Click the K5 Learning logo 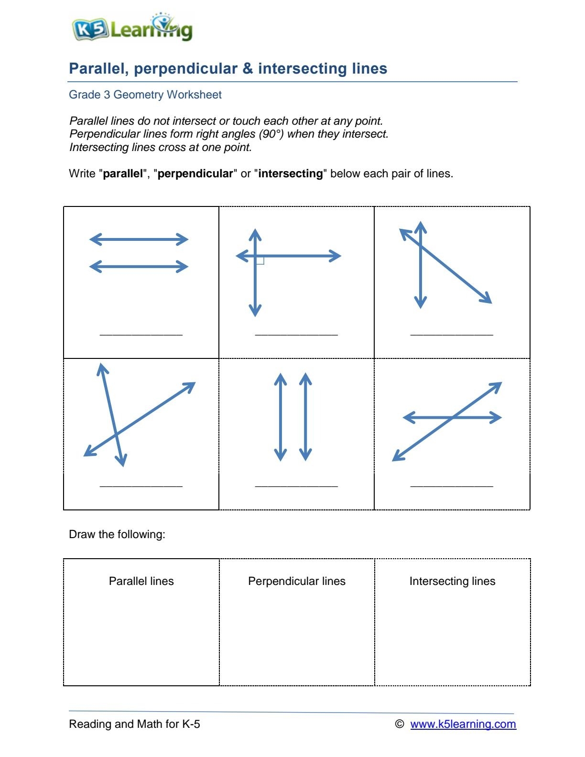[132, 29]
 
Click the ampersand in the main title [248, 68]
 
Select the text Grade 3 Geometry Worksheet [145, 95]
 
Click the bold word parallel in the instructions [123, 173]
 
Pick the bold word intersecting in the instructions [291, 173]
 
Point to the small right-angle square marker [260, 260]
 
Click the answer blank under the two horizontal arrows [141, 334]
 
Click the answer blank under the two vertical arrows [296, 486]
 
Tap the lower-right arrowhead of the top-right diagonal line [487, 300]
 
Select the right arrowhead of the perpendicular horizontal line [336, 256]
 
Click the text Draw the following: [117, 534]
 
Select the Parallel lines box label [141, 581]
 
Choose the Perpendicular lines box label [296, 581]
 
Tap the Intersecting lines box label [452, 581]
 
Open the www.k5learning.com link [463, 724]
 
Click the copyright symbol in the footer [400, 724]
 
